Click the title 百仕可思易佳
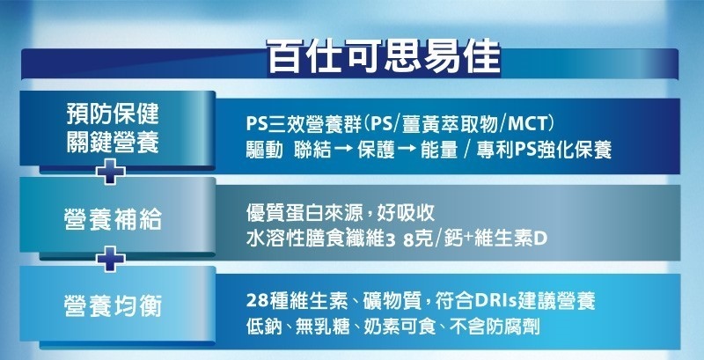383,56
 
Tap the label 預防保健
113,114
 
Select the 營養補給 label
113,220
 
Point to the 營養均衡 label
113,307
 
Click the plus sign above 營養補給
111,171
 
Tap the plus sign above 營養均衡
111,259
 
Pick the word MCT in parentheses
526,124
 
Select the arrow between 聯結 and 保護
343,151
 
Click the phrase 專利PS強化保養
542,151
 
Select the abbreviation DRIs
493,301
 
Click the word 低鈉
265,327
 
